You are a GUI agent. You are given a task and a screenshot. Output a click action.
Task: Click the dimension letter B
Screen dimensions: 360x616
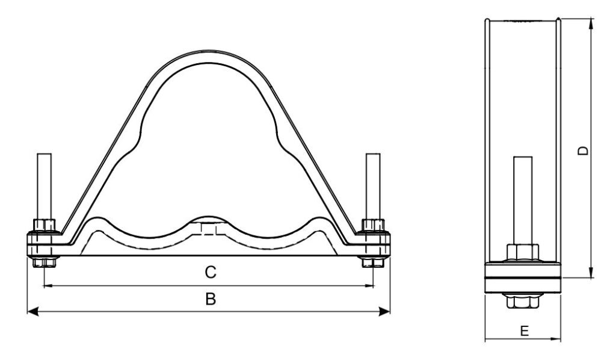210,299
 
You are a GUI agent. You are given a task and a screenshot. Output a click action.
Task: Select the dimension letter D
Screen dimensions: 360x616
582,151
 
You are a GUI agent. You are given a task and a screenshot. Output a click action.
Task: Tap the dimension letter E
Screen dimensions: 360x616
524,331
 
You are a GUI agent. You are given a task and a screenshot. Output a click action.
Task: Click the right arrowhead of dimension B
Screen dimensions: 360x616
386,311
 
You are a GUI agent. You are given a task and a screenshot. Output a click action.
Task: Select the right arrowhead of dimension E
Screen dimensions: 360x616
559,339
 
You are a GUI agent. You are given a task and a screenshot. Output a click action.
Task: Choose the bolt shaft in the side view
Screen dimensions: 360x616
523,199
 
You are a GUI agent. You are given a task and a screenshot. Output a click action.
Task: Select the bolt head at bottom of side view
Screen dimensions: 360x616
523,301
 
